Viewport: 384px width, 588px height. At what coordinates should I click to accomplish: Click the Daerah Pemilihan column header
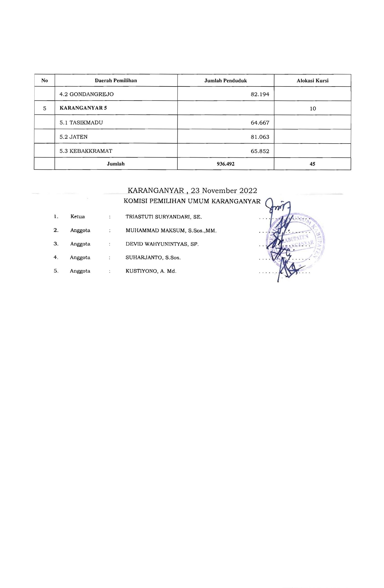pos(116,81)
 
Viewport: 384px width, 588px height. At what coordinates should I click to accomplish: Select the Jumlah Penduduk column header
pos(226,81)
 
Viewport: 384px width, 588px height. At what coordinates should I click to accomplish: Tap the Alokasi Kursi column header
pos(312,81)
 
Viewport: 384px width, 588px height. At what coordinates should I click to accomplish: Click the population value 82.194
pos(260,94)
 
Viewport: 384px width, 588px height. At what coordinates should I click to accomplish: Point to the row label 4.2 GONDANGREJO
pos(87,94)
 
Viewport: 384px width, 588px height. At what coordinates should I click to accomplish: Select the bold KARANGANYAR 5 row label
pos(83,108)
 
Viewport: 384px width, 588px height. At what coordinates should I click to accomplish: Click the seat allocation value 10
pos(313,108)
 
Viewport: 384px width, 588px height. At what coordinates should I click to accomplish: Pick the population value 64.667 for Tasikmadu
pos(260,123)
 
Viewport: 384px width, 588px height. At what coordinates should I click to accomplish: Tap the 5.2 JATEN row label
pos(73,137)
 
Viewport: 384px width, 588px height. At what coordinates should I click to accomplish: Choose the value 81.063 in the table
pos(260,137)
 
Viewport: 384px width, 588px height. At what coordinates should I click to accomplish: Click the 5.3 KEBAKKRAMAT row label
pos(86,151)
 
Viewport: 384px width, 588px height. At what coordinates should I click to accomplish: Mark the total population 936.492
pos(226,164)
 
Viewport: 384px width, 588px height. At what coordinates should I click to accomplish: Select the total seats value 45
pos(312,164)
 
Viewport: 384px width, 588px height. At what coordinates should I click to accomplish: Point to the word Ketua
pos(78,216)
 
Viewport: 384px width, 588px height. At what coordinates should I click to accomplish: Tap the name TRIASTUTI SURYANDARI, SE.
pos(164,217)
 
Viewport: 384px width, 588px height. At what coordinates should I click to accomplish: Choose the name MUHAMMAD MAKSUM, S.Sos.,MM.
pos(171,231)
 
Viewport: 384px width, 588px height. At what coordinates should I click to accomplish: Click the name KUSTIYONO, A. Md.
pos(151,271)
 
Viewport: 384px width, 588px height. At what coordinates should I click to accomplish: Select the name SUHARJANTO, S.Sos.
pos(153,258)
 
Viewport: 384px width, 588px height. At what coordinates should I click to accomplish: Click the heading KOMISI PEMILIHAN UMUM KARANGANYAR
pos(192,201)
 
